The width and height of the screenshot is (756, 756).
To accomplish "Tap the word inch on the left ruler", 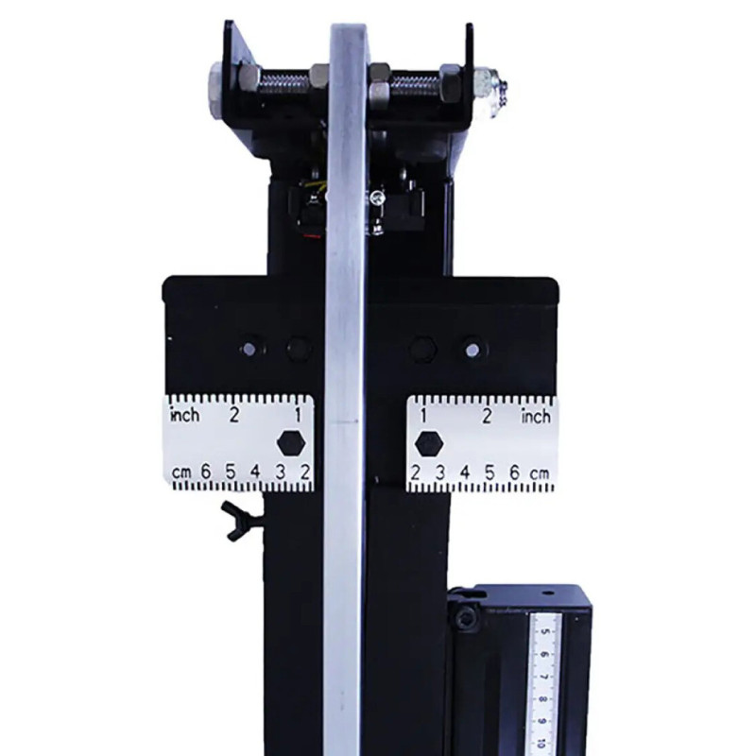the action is [185, 415].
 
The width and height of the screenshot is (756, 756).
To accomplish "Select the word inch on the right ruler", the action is [536, 416].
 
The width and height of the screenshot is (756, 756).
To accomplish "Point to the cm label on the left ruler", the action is [181, 472].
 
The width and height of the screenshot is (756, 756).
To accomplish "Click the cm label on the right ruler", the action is [540, 473].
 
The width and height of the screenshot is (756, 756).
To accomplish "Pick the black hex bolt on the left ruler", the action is [292, 443].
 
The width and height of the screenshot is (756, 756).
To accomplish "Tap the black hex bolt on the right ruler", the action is [429, 443].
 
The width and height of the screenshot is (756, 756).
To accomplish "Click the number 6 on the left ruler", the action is [206, 472].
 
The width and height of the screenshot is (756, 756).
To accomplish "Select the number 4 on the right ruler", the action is [465, 472].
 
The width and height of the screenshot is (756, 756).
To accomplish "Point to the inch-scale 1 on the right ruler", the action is [423, 416].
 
